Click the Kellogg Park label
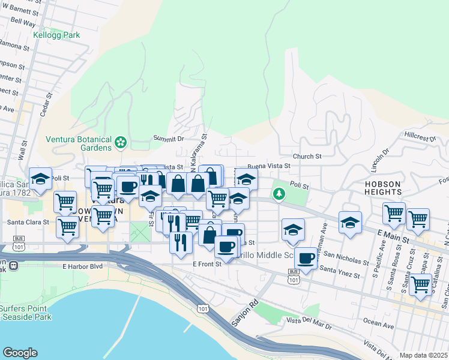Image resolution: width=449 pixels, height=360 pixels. click(58, 35)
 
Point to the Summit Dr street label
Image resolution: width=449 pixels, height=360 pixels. click(169, 139)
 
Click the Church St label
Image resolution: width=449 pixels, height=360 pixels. click(307, 157)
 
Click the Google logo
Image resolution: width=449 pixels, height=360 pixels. click(19, 353)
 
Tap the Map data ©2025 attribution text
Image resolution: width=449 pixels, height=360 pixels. click(423, 355)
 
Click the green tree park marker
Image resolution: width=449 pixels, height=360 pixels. click(279, 194)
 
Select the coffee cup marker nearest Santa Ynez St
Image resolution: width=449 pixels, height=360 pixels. click(306, 258)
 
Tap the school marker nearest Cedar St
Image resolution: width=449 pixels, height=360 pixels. click(40, 179)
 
